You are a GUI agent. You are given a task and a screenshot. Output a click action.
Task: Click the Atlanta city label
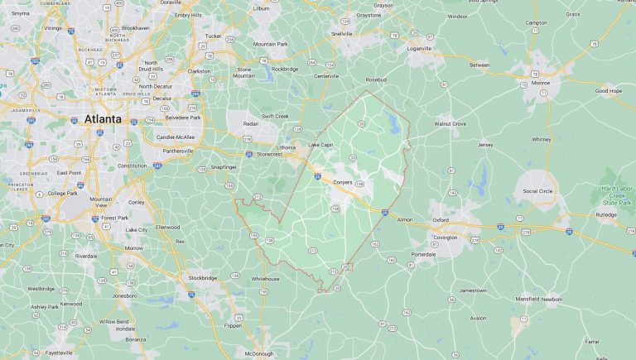(103, 119)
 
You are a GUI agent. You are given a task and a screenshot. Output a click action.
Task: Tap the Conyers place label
(343, 182)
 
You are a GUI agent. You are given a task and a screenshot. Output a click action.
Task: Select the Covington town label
(446, 238)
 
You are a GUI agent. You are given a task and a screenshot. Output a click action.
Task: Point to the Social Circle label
(537, 190)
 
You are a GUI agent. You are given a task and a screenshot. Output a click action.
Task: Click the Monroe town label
(540, 83)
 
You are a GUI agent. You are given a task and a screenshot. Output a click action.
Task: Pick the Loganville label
(418, 49)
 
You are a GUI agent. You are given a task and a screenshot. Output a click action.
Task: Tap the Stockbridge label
(202, 277)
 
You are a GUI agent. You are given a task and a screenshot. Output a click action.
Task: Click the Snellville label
(341, 34)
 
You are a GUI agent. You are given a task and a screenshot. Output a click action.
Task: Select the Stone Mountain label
(244, 72)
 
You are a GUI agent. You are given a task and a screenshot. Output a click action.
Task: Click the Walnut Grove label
(450, 123)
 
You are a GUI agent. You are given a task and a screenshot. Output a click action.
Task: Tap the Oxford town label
(441, 220)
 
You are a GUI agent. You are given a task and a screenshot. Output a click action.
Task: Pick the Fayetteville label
(36, 353)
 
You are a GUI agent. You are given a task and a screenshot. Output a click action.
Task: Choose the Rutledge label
(606, 214)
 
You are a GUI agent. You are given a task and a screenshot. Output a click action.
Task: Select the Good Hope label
(609, 90)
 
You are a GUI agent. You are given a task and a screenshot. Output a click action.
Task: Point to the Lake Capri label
(320, 145)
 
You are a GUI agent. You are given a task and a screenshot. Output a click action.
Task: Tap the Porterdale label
(422, 255)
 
